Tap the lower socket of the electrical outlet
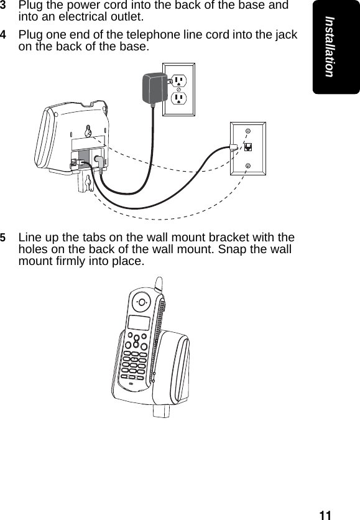[179, 99]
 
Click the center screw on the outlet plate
[179, 90]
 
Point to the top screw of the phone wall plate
[247, 132]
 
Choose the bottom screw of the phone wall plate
[247, 165]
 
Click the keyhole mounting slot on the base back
[89, 131]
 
